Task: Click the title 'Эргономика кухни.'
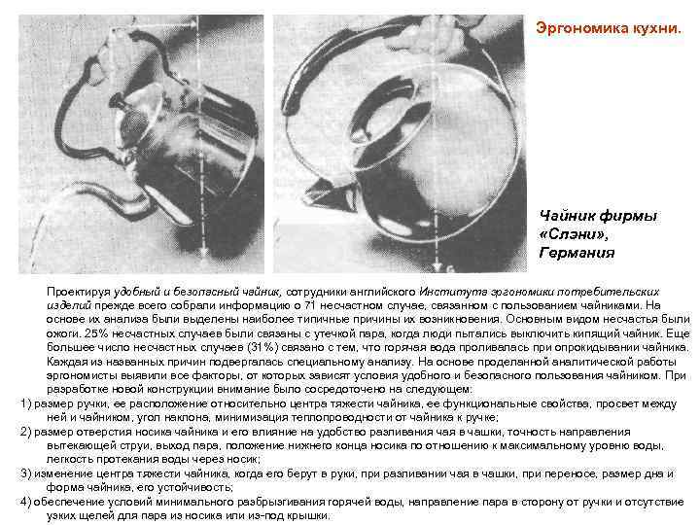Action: (x=608, y=29)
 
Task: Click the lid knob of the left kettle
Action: (x=116, y=101)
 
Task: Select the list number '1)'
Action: (x=26, y=402)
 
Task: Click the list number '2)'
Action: (x=26, y=430)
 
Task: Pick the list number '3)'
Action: (x=26, y=472)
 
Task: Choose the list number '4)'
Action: (x=26, y=501)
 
